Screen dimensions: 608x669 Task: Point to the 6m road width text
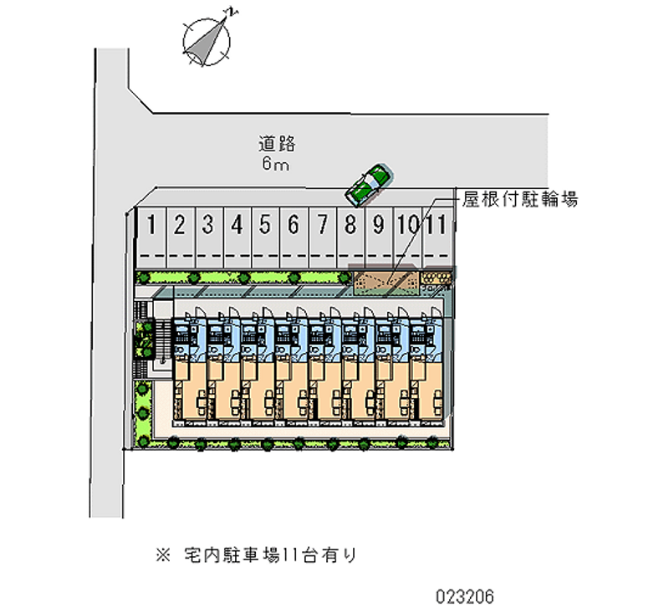point(276,164)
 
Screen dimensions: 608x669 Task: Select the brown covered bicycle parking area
point(384,282)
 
